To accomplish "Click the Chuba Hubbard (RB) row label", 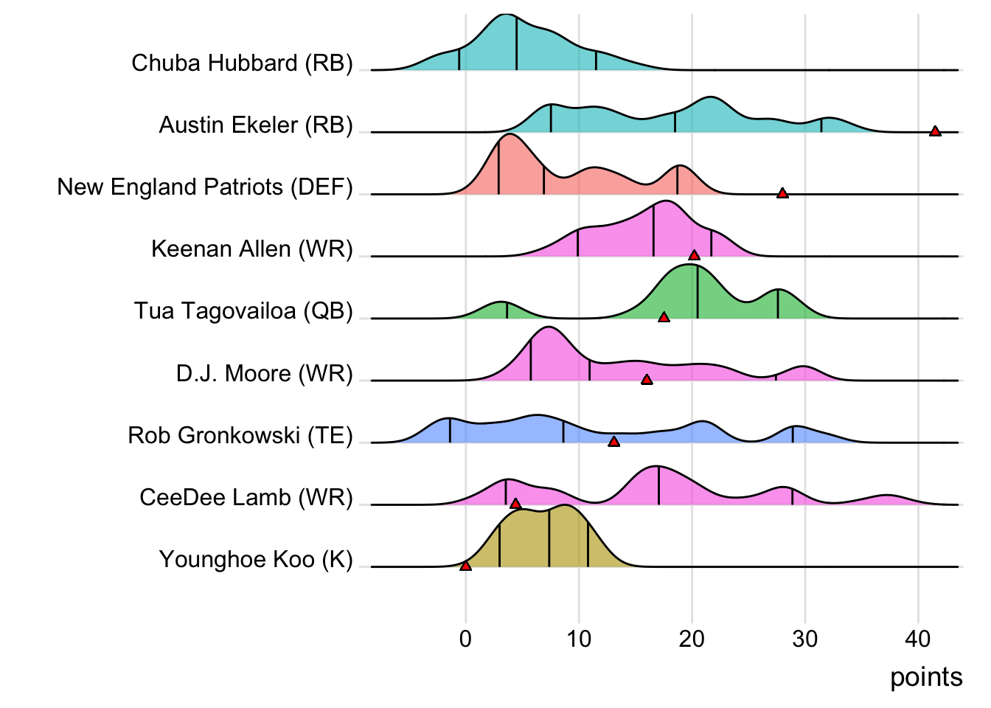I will (x=242, y=63).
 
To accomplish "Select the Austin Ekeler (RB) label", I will (x=256, y=125).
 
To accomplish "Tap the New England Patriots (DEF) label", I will (x=205, y=187).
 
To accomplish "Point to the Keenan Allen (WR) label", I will (x=252, y=249).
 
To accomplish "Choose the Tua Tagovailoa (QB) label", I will (x=243, y=311).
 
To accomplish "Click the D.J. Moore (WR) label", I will (x=264, y=374).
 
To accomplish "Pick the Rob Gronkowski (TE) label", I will (x=240, y=436).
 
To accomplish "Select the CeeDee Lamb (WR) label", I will (x=246, y=498).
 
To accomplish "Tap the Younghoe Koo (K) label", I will (x=256, y=560).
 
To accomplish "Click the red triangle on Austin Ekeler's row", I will (x=935, y=131).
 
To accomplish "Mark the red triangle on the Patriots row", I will (x=782, y=193).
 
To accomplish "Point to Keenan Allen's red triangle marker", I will (x=694, y=255).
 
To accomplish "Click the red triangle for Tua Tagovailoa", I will (x=664, y=317).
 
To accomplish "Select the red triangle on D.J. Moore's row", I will (x=647, y=380).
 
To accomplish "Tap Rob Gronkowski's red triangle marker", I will (x=613, y=442).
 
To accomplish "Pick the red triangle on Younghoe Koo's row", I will (x=465, y=566).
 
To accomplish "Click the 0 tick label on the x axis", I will (x=465, y=639).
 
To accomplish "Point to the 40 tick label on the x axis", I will (x=918, y=639).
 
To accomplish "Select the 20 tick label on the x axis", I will (x=692, y=639).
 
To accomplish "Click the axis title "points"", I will (x=926, y=677).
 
